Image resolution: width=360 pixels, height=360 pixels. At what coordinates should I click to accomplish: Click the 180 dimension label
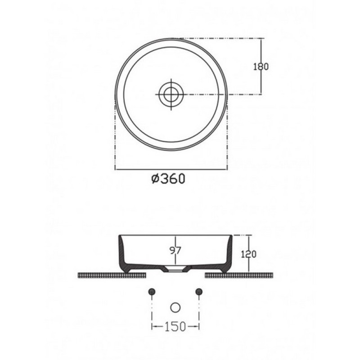pyautogui.click(x=261, y=67)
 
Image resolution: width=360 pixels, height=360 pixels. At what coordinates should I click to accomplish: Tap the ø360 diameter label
pyautogui.click(x=168, y=179)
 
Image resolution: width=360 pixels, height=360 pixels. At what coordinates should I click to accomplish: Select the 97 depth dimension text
pyautogui.click(x=175, y=250)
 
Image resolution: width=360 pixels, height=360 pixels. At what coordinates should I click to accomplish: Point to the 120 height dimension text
pyautogui.click(x=249, y=254)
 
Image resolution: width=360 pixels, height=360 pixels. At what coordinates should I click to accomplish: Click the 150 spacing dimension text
pyautogui.click(x=175, y=326)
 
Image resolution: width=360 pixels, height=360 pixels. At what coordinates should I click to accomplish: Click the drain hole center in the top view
pyautogui.click(x=171, y=94)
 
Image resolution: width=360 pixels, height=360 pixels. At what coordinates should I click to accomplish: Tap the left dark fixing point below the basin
pyautogui.click(x=152, y=292)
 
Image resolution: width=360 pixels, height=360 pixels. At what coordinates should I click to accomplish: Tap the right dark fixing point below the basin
pyautogui.click(x=199, y=292)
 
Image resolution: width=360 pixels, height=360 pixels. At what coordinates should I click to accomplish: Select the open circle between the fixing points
pyautogui.click(x=175, y=308)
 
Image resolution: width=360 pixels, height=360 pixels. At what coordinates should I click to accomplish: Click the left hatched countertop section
pyautogui.click(x=112, y=275)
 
